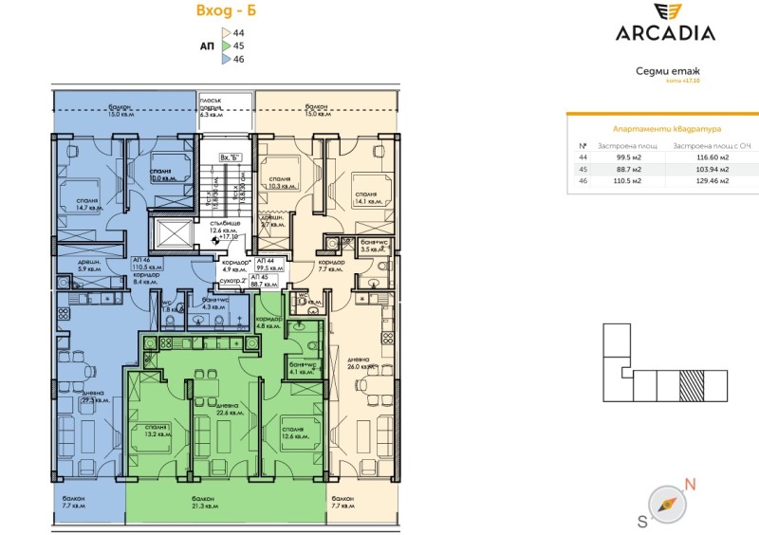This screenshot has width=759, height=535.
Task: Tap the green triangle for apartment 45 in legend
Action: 225,45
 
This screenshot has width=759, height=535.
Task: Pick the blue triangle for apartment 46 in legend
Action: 225,58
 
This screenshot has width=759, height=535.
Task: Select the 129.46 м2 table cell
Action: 712,179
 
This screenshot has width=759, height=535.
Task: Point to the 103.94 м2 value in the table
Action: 712,168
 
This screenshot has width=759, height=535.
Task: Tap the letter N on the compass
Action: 690,485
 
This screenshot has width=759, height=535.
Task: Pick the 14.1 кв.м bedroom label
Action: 367,198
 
